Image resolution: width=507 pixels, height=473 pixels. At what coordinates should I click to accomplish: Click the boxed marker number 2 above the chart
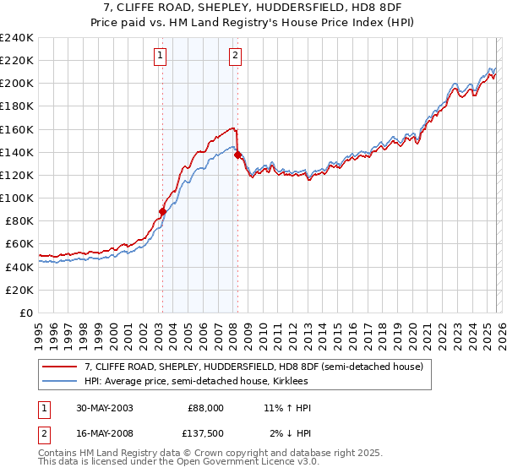pos(235,57)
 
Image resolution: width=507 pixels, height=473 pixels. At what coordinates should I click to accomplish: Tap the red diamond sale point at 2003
pos(162,212)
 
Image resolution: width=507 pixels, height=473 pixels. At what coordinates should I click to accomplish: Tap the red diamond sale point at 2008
pos(237,155)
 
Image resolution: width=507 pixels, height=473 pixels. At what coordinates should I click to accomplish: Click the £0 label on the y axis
pos(25,313)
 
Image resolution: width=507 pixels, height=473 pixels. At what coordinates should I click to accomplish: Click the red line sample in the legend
pos(59,367)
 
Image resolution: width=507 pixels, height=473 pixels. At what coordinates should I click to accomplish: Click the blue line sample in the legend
pos(59,382)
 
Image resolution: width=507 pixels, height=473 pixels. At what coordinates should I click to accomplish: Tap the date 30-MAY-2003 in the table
pos(99,408)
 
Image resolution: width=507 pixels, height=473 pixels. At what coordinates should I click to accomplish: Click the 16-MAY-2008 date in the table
pos(99,433)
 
